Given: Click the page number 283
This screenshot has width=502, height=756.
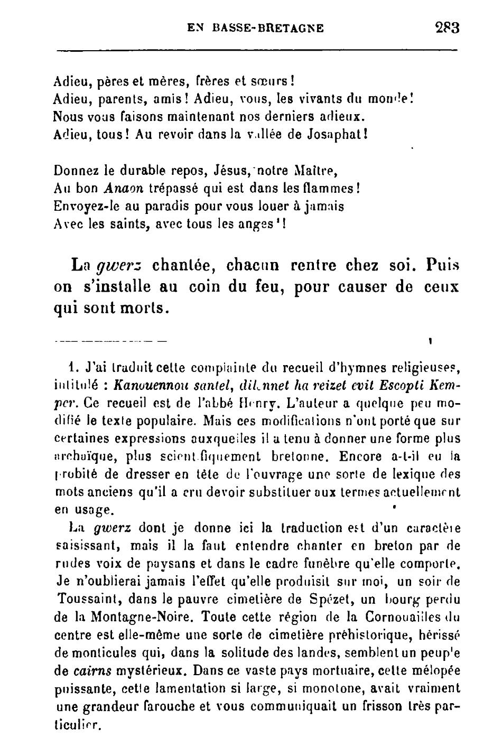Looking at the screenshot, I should tap(447, 27).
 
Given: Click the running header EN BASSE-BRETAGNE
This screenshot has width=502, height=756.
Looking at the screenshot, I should tap(256, 27).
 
